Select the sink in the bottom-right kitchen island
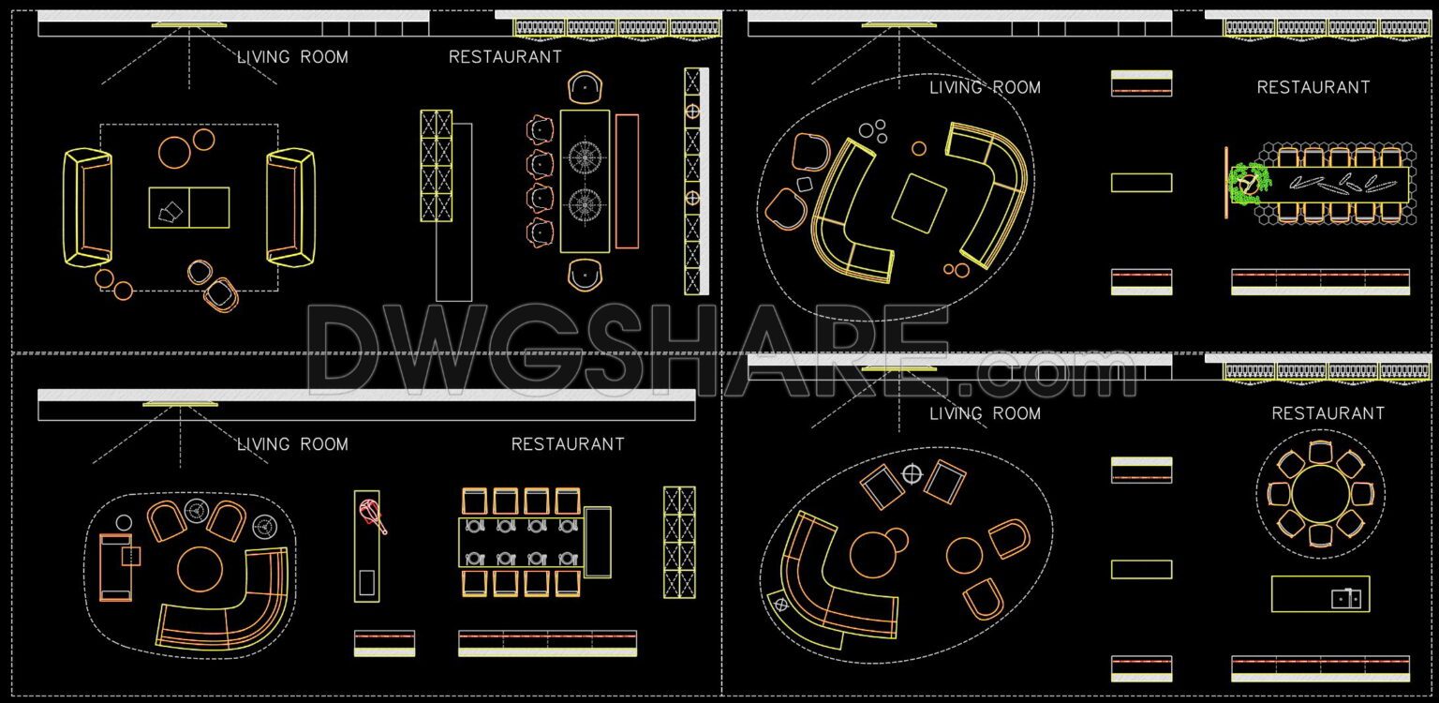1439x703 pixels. coord(1346,597)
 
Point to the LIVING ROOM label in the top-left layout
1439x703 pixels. coord(292,57)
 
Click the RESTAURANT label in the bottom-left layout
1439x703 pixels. coord(568,444)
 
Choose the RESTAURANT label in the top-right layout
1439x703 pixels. coord(1313,87)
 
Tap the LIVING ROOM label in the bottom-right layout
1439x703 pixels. coord(985,413)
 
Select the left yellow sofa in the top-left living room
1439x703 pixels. coord(87,206)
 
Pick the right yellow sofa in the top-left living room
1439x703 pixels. coord(290,206)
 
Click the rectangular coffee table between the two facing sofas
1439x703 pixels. coord(189,207)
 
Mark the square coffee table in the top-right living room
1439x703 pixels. coord(919,202)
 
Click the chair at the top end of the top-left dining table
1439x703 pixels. coord(585,89)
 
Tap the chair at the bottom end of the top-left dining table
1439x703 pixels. coord(585,274)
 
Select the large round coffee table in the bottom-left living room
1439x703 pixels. coord(200,569)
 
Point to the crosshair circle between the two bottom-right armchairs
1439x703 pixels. coord(912,473)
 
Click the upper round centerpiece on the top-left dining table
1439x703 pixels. coord(585,156)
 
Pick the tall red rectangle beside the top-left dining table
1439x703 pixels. coord(627,181)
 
